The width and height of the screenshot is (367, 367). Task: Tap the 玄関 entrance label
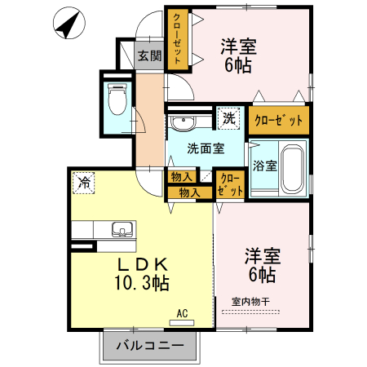coord(148,56)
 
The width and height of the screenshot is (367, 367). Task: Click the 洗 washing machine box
coord(229,117)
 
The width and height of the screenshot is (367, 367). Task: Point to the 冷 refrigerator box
coord(83,183)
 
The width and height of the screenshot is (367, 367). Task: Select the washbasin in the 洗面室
coord(183,124)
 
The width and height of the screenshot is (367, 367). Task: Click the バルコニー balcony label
coord(149,347)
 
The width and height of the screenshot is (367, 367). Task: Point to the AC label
coord(183,312)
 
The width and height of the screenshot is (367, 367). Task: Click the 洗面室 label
coord(204,148)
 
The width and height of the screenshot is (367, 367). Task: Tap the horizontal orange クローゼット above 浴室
coord(279,120)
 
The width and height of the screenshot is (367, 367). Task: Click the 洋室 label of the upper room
coord(239,46)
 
